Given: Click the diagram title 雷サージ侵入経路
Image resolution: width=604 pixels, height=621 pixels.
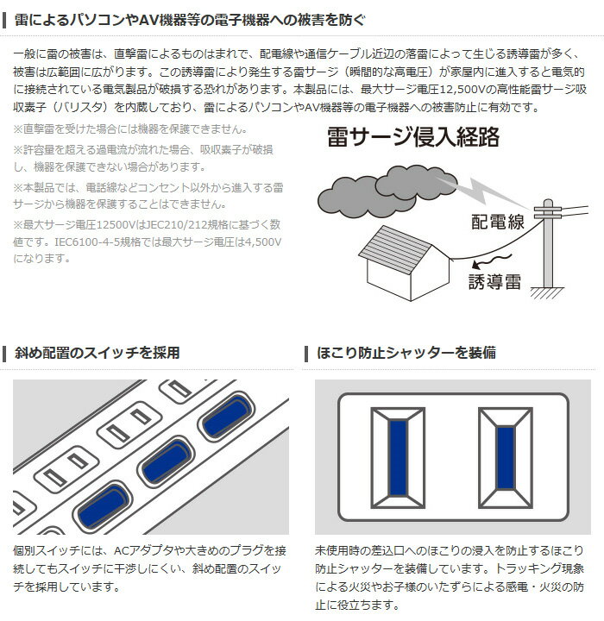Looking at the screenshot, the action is pos(413,137).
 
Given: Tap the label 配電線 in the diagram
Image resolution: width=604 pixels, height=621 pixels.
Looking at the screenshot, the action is pos(498,222).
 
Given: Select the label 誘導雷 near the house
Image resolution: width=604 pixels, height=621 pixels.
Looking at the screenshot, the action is pos(494,281).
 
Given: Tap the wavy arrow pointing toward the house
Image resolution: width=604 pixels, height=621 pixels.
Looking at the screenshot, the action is pos(492,261).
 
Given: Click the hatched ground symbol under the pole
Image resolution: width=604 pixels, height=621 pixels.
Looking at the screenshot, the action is pos(547,292).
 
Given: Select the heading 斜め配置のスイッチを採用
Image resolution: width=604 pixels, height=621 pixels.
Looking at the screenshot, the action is pos(98,353).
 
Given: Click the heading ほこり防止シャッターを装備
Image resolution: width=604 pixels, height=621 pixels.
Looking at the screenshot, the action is pos(406,353).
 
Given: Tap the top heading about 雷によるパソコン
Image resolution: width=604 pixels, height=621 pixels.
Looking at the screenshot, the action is pos(190,20).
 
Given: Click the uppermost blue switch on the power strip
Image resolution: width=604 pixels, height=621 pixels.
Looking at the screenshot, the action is pos(226,417).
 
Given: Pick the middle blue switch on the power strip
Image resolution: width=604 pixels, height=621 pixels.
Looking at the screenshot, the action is pos(167,460).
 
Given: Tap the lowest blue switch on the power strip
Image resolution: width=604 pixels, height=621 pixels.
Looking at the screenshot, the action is pos(104,506).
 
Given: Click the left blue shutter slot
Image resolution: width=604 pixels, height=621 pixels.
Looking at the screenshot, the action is pos(399,458).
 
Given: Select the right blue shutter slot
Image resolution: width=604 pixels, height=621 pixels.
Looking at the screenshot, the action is pos(506,458).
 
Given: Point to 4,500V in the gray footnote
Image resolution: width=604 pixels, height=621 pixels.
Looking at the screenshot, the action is pos(263,241).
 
